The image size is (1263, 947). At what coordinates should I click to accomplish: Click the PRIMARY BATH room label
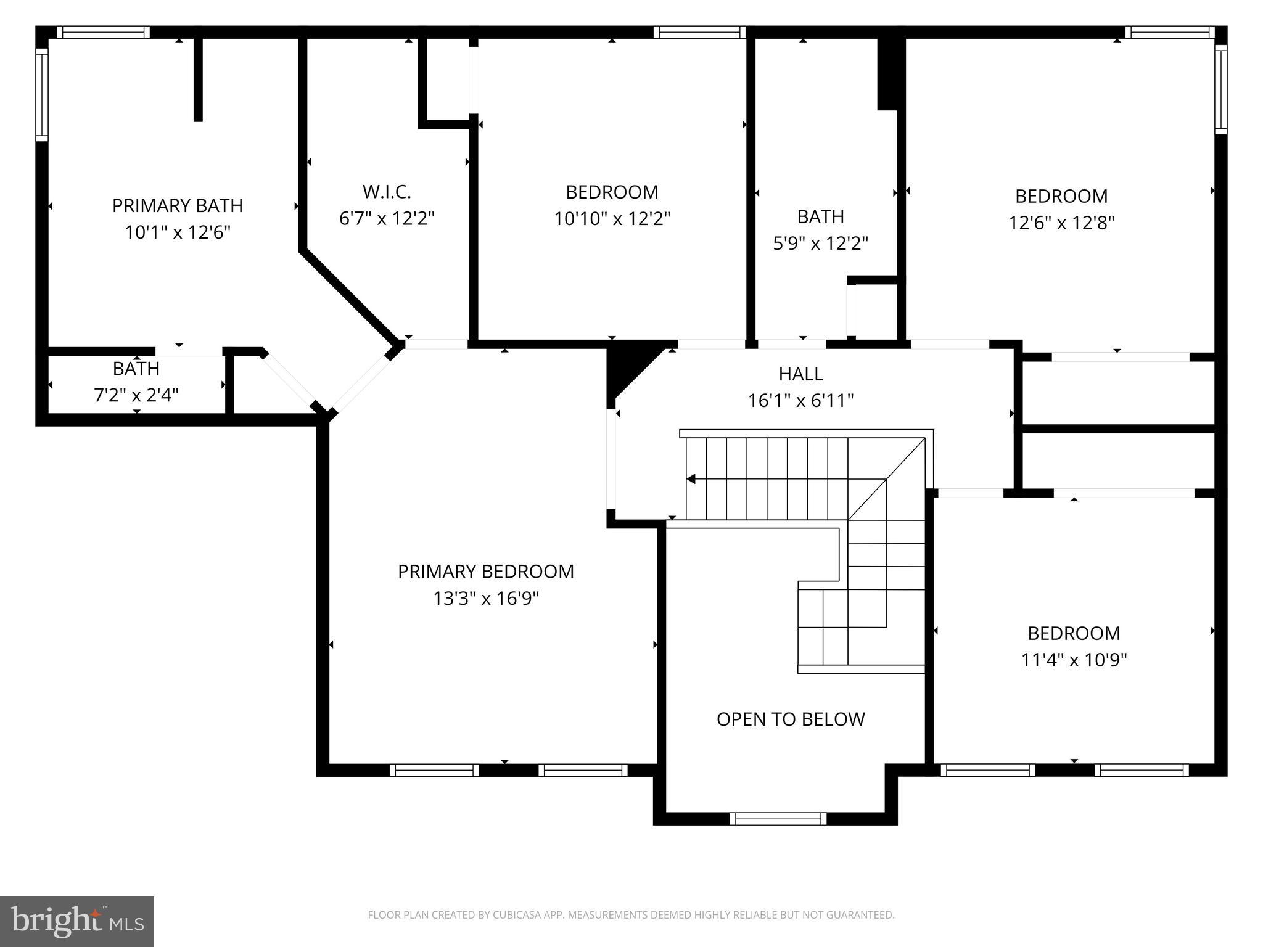(177, 205)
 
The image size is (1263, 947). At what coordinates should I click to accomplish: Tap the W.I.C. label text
(387, 192)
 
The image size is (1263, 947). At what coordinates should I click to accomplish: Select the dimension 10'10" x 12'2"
(612, 219)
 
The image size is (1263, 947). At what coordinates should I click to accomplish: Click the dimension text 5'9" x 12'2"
(820, 244)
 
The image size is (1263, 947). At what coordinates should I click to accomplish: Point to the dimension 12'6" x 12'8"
(1061, 223)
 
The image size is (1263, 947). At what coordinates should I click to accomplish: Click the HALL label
(800, 374)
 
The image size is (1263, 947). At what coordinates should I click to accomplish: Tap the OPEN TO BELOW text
(791, 719)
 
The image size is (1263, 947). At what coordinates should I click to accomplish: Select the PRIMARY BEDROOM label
(485, 572)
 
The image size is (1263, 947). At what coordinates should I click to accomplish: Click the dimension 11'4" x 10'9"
(1074, 660)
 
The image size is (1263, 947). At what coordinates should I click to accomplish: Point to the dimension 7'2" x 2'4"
(136, 395)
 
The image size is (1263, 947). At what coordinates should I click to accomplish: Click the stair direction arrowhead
(691, 479)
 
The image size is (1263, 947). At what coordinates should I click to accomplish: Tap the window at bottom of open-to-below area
(778, 818)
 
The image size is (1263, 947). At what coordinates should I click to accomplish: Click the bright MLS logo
(77, 921)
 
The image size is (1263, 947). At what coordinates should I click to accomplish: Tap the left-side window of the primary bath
(41, 94)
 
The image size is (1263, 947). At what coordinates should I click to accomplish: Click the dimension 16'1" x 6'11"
(800, 401)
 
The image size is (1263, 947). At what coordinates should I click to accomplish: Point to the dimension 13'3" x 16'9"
(485, 599)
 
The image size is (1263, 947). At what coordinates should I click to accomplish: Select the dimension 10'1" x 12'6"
(177, 232)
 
